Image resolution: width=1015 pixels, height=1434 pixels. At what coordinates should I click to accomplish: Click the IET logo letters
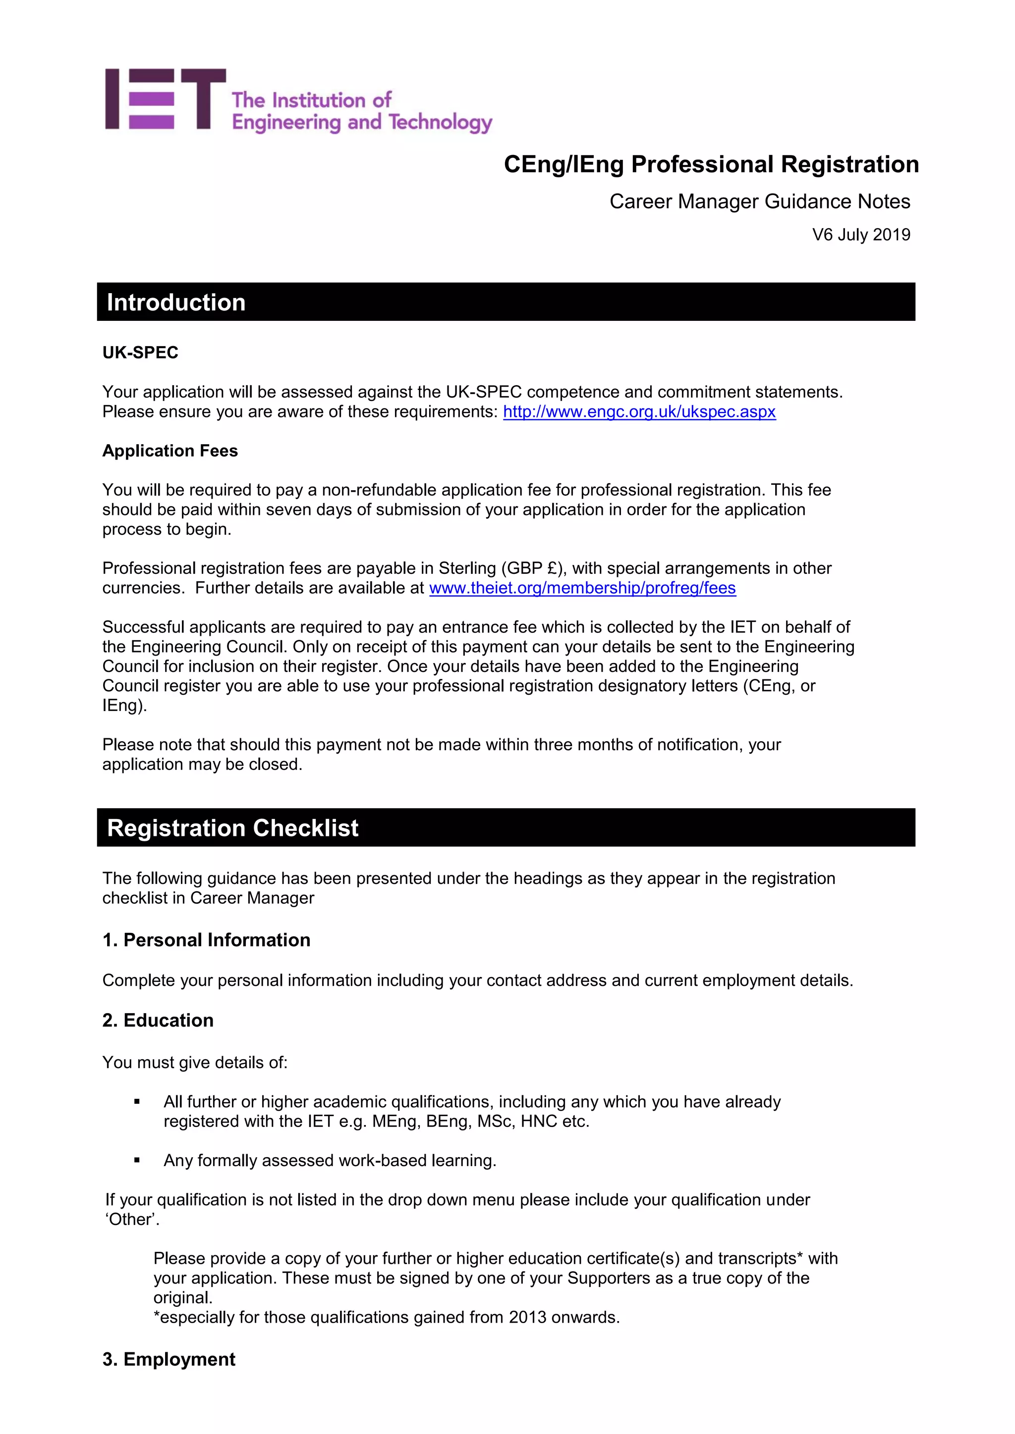click(165, 100)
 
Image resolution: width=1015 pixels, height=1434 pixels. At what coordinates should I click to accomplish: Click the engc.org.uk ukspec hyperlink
click(639, 411)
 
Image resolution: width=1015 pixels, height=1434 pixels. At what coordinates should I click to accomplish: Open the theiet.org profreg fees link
click(582, 588)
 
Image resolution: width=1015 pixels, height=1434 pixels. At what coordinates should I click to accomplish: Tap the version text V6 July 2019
click(861, 235)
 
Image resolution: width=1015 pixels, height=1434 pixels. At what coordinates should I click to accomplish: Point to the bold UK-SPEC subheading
click(140, 353)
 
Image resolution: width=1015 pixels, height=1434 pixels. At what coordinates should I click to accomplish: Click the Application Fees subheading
click(170, 451)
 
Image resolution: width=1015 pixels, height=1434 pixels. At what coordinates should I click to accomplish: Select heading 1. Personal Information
click(206, 940)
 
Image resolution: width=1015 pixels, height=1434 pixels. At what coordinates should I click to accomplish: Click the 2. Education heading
click(158, 1020)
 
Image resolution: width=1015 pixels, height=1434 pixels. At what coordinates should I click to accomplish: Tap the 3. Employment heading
click(169, 1359)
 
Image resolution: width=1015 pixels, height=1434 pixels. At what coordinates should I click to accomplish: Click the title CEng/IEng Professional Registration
click(711, 164)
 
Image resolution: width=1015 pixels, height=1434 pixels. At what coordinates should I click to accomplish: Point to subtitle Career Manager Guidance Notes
click(759, 202)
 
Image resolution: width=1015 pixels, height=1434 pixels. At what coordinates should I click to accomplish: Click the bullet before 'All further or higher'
click(137, 1102)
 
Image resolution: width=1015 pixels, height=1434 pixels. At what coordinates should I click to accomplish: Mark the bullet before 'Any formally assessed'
click(137, 1161)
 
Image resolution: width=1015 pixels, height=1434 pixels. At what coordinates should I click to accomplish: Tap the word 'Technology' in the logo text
click(440, 122)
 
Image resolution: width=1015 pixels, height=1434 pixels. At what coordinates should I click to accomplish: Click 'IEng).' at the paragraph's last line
click(124, 705)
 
